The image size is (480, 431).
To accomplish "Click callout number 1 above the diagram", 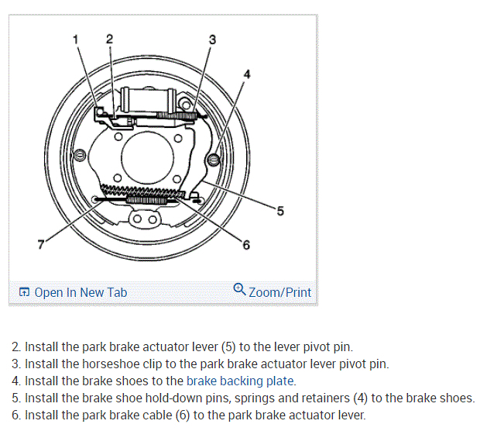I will pyautogui.click(x=76, y=39).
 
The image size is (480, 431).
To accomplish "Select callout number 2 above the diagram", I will pyautogui.click(x=108, y=38).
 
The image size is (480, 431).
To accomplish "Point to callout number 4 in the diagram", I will pyautogui.click(x=247, y=74).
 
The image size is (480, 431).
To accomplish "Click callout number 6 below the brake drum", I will pyautogui.click(x=246, y=246).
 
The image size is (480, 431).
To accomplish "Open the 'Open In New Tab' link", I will pyautogui.click(x=81, y=292).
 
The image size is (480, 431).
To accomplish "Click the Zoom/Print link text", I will pyautogui.click(x=279, y=292).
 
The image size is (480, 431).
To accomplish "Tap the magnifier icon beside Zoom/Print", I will pyautogui.click(x=239, y=291).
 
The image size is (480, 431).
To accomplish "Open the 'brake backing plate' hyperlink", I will pyautogui.click(x=240, y=381).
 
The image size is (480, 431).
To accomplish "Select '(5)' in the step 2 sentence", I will pyautogui.click(x=211, y=347).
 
